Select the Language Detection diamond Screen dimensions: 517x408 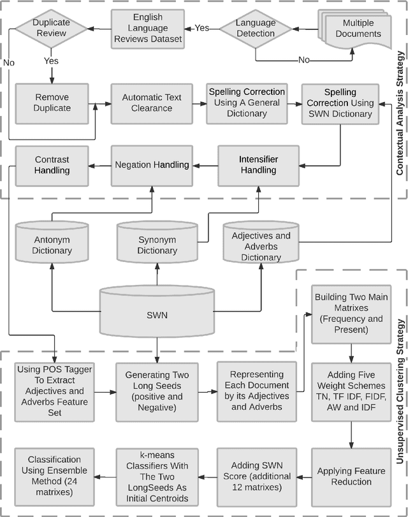(x=255, y=27)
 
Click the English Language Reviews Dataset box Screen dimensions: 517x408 (x=148, y=27)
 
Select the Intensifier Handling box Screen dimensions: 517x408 (x=258, y=164)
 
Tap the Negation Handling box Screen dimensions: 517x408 (x=152, y=164)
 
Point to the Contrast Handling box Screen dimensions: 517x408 (x=52, y=164)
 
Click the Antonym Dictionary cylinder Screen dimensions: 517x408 (x=52, y=244)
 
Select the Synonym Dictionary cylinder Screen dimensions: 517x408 (x=157, y=244)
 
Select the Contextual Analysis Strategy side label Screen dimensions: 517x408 (x=399, y=99)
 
